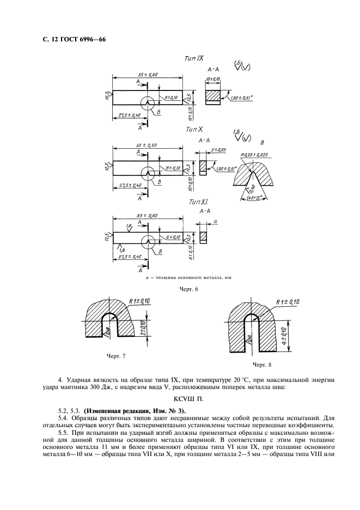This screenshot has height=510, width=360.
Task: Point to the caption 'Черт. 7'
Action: point(114,356)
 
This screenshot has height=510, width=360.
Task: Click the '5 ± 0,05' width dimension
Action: point(218,149)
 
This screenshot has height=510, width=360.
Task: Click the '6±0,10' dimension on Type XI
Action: point(173,238)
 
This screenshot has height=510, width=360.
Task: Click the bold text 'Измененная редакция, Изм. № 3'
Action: point(142,410)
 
